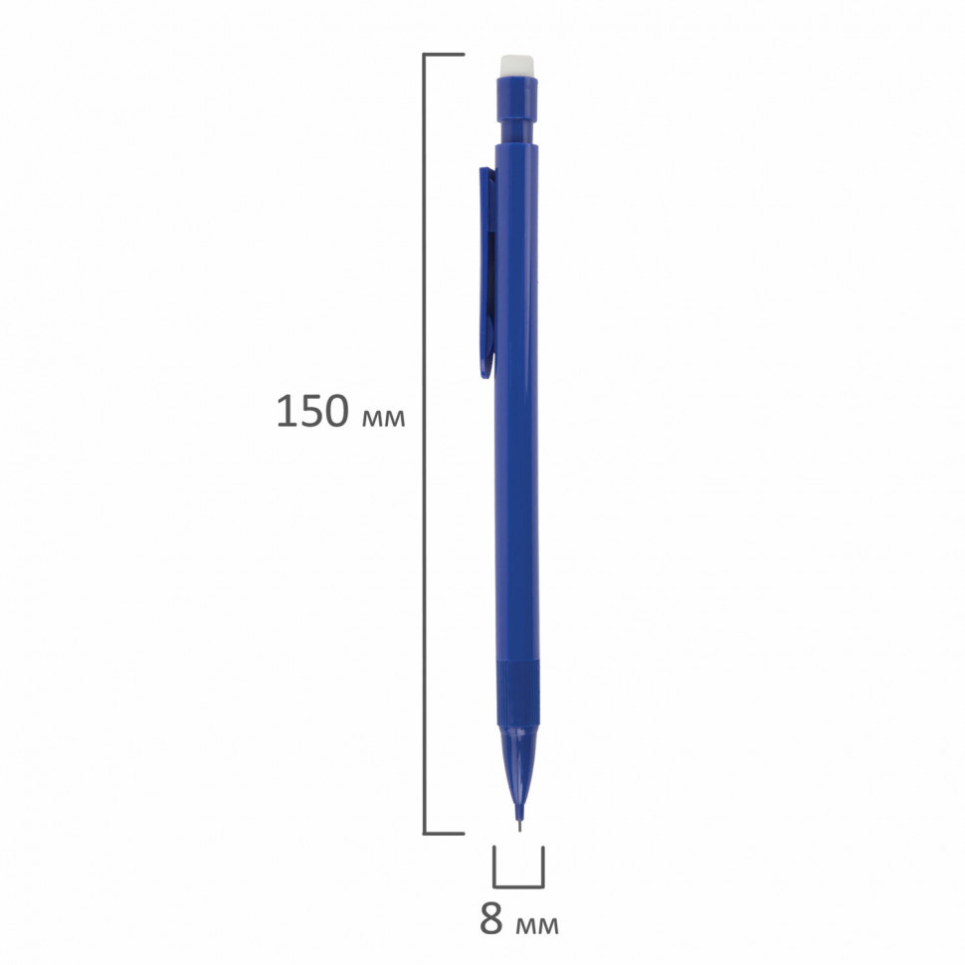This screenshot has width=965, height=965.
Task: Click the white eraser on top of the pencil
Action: tap(517, 66)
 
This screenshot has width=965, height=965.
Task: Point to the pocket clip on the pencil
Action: tap(486, 273)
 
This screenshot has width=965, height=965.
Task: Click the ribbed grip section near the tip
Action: tap(517, 692)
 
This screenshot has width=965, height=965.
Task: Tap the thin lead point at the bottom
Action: tap(519, 826)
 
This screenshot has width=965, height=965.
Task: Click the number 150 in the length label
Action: tap(312, 411)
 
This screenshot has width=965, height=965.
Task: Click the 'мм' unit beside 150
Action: tap(383, 418)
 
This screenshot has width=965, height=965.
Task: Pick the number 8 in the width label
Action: tap(491, 919)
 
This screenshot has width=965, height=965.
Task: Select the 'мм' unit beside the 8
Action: tap(537, 925)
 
